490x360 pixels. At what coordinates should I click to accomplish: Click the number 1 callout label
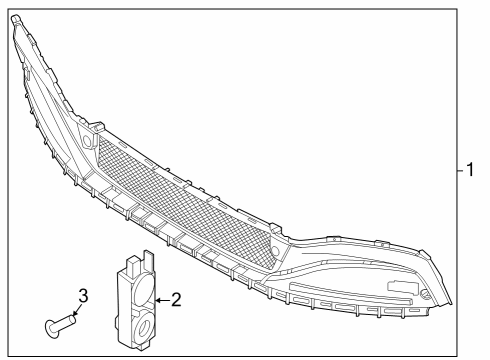(x=469, y=170)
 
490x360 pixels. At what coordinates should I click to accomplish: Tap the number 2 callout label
(x=176, y=298)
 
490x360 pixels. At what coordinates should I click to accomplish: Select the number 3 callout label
(x=84, y=295)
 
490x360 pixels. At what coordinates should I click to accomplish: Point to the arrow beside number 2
(x=162, y=298)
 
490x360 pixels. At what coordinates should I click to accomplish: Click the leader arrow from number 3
(x=76, y=310)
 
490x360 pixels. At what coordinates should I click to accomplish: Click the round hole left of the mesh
(x=87, y=141)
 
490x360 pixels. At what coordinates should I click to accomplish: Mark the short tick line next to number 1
(x=454, y=170)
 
